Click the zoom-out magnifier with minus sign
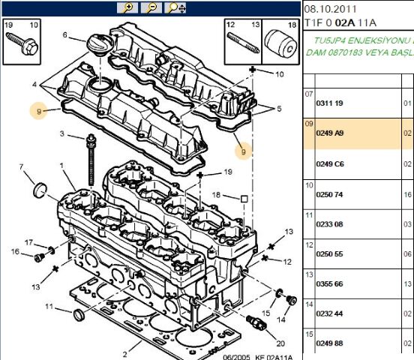pos(151,7)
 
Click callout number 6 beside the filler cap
pos(65,34)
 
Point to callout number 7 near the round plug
pos(21,166)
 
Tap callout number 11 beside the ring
pos(48,307)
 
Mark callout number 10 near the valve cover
pos(280,74)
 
